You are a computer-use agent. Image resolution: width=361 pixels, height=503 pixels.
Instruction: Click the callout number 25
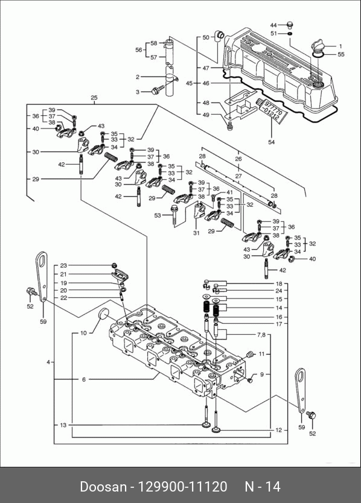click(94, 98)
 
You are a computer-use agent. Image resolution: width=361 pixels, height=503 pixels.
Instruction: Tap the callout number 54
click(272, 142)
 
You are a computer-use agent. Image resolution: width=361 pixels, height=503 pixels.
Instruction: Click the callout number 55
click(340, 54)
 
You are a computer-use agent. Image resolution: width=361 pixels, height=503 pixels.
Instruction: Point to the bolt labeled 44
click(290, 24)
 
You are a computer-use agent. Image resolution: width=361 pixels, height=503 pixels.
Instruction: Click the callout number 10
click(83, 333)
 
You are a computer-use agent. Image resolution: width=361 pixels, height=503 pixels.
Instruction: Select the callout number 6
click(84, 379)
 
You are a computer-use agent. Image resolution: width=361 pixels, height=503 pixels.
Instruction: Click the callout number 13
click(63, 425)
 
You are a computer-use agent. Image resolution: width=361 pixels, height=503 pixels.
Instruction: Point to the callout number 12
click(278, 430)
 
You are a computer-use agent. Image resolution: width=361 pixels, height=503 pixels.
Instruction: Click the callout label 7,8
click(261, 335)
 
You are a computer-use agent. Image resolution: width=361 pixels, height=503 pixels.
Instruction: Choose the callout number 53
click(158, 215)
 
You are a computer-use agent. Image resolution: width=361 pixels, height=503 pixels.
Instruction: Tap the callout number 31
click(196, 233)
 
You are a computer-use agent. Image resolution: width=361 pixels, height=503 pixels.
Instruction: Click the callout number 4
click(48, 362)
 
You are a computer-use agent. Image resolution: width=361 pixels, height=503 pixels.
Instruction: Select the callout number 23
click(63, 265)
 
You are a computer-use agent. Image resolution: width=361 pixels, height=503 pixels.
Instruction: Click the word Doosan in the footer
click(103, 487)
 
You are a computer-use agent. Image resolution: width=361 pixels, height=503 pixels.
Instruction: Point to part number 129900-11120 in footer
click(182, 487)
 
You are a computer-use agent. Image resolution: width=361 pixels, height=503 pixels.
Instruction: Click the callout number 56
click(139, 49)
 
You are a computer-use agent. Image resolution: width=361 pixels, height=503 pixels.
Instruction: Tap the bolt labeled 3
click(158, 89)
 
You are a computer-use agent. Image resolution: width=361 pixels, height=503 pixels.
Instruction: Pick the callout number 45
click(189, 83)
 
